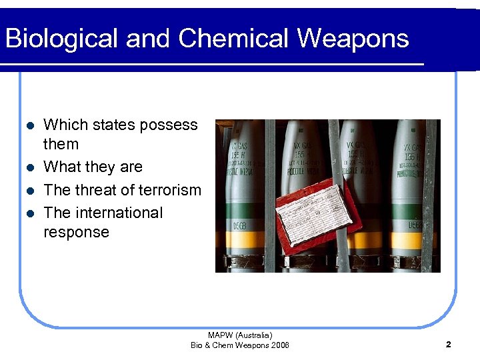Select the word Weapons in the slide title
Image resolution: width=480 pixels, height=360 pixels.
[x=353, y=39]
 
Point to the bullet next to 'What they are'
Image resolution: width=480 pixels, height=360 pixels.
[x=28, y=167]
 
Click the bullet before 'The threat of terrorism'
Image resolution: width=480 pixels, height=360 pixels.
[x=28, y=191]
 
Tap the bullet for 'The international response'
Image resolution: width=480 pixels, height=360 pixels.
[x=28, y=214]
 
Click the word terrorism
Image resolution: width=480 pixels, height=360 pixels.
[x=167, y=190]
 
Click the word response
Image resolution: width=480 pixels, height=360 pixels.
[x=76, y=232]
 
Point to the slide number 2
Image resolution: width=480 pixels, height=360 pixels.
[x=448, y=345]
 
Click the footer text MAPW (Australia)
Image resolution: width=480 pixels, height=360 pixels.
[x=240, y=335]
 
